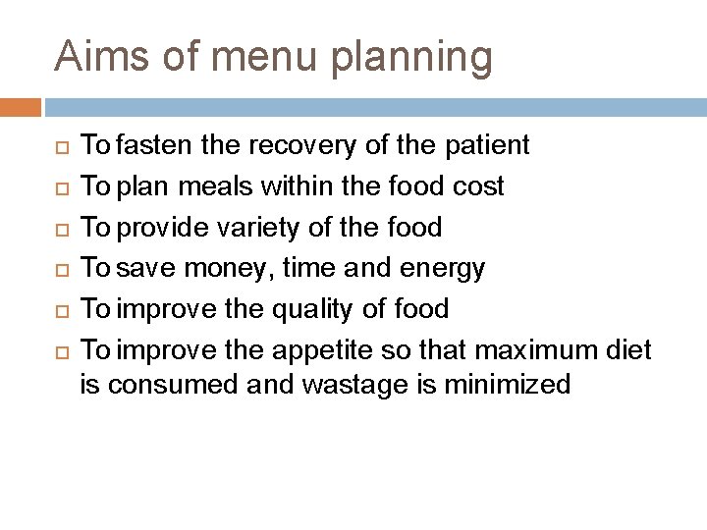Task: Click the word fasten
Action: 156,146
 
